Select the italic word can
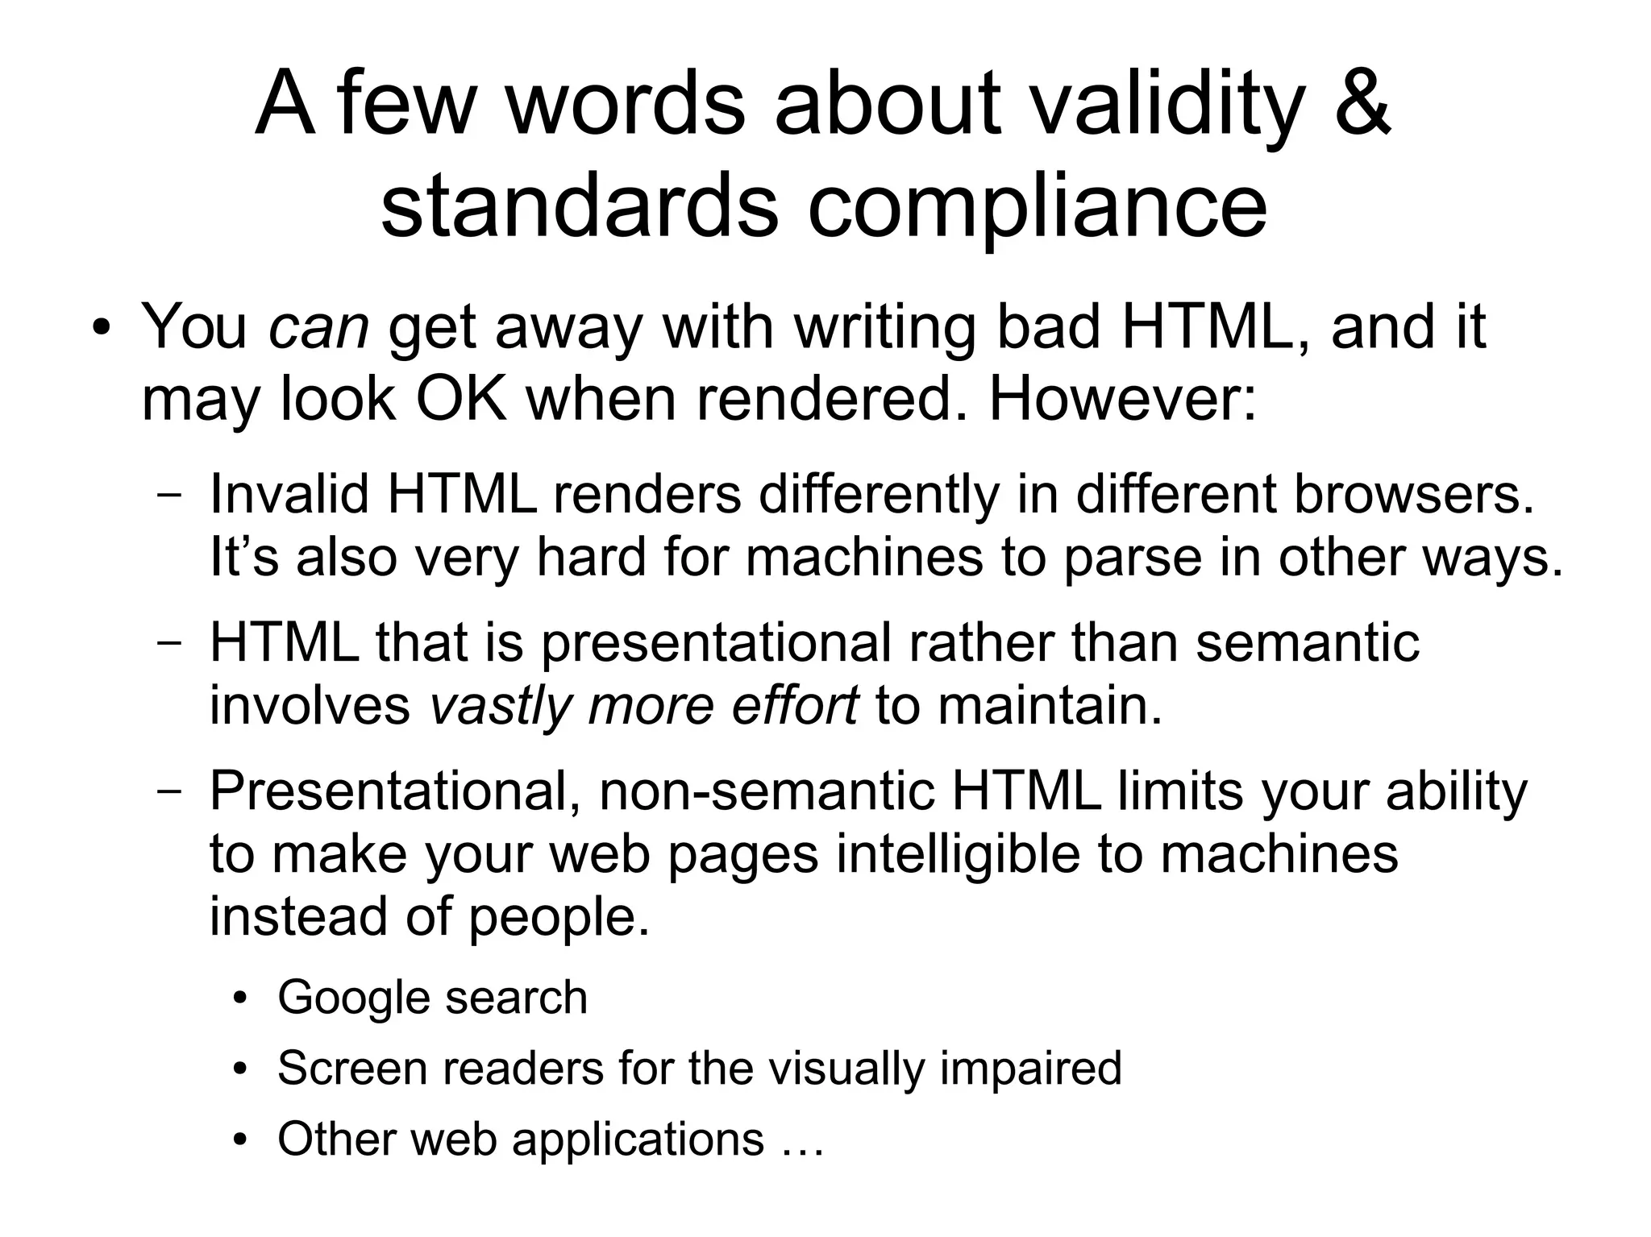coord(318,328)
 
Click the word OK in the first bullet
coord(461,399)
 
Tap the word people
coord(558,919)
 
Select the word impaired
coord(1030,1069)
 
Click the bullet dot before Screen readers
coord(239,1070)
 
